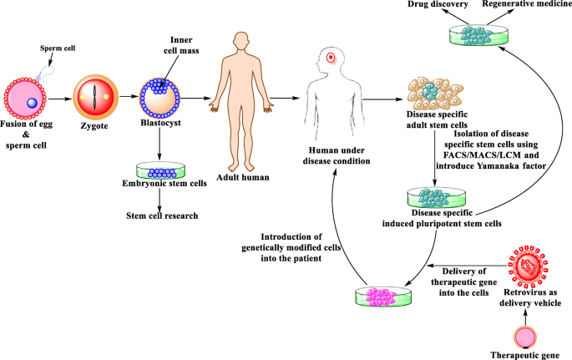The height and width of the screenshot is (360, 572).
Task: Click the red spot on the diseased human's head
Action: (x=332, y=58)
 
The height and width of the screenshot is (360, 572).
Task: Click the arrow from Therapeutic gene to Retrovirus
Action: (x=528, y=311)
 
